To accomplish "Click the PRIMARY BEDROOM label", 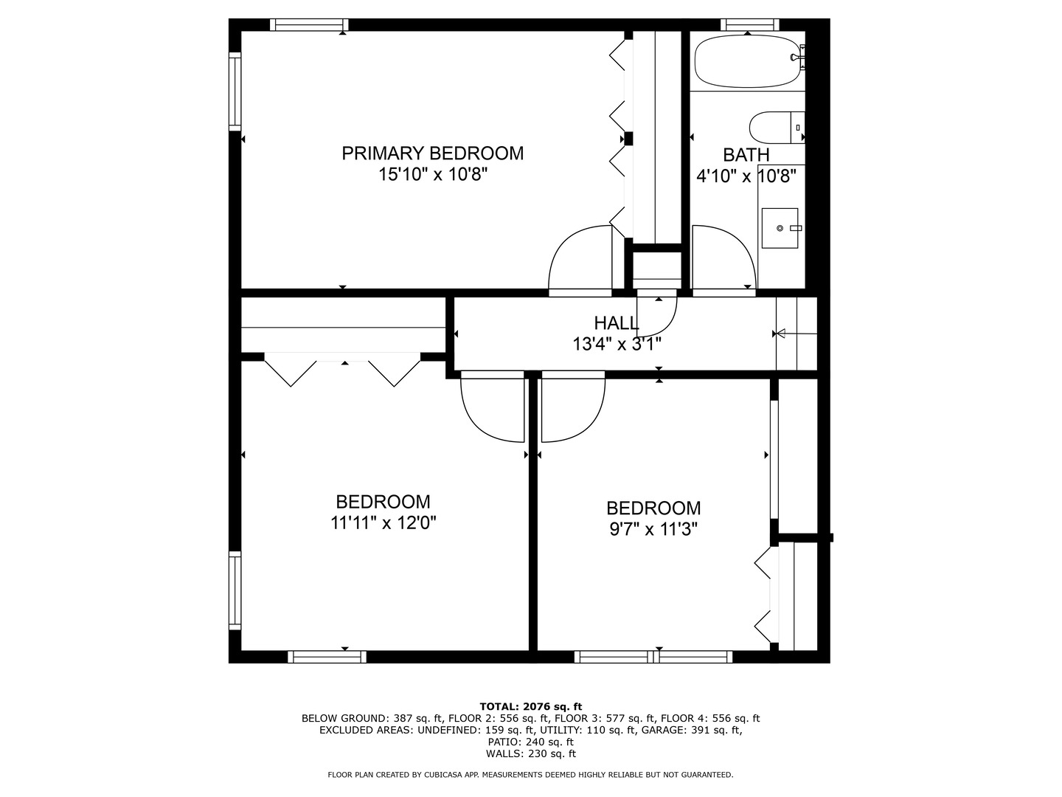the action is (432, 153).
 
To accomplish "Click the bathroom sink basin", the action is (780, 228).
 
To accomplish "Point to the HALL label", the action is (617, 322).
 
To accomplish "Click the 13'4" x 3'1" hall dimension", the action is (617, 344).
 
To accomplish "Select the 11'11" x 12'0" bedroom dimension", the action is (383, 522).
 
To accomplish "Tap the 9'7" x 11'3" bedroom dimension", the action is (653, 529).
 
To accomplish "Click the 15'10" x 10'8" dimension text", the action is (432, 174).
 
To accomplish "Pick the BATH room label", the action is (746, 155).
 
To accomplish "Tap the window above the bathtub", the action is (749, 24).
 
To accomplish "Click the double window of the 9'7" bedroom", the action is (653, 657).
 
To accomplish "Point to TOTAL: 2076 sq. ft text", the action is (530, 707).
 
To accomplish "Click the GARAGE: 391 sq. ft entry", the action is (692, 731).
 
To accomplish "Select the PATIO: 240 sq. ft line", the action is (530, 742).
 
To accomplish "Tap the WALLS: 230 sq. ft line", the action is (531, 753).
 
